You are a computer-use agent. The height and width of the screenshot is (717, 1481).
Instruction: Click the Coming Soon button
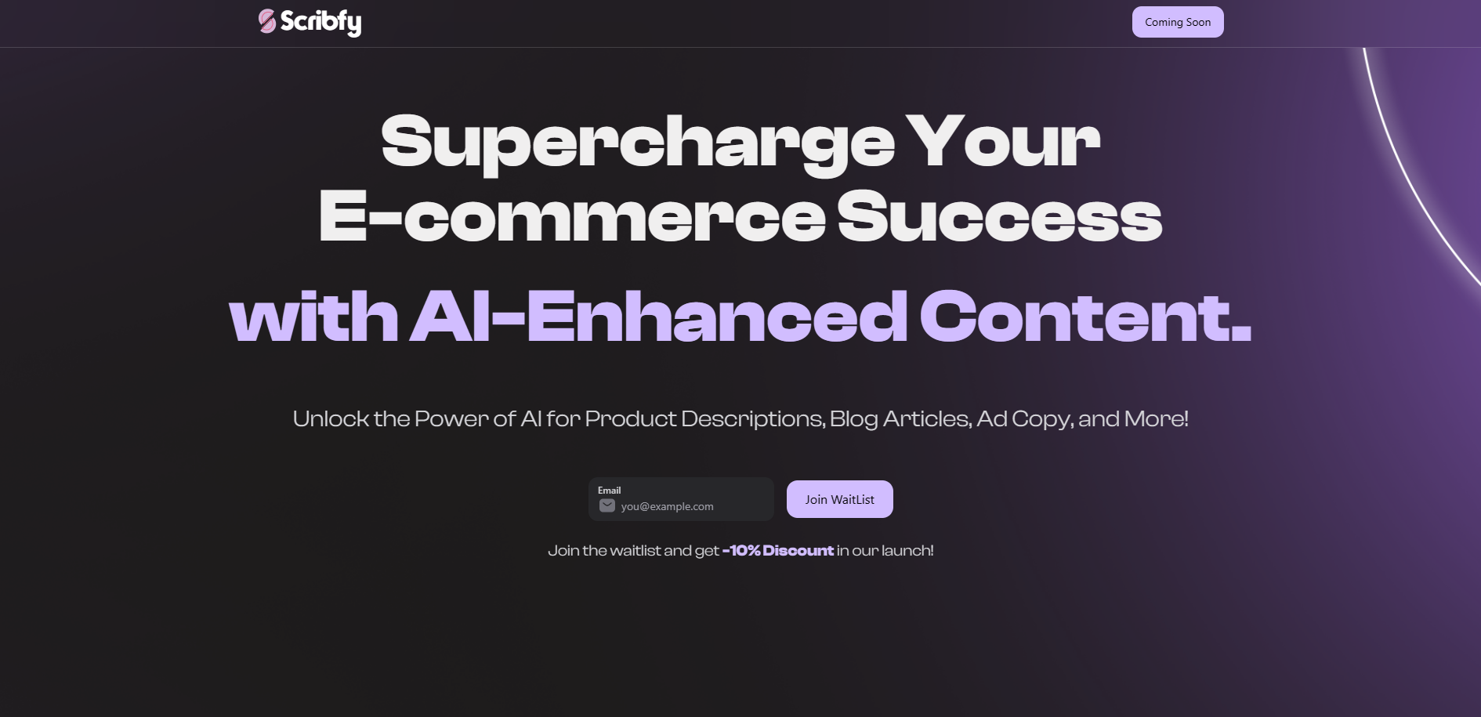[x=1178, y=22]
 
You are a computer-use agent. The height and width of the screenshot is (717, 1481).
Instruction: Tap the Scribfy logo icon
[x=267, y=21]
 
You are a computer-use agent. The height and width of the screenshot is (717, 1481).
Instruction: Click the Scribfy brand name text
[x=320, y=22]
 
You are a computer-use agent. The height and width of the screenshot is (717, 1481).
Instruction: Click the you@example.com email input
[x=680, y=499]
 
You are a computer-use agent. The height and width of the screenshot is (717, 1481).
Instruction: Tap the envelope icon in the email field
[x=607, y=505]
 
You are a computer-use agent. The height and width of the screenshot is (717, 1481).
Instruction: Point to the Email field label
[x=609, y=491]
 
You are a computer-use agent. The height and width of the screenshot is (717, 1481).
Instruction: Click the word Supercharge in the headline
[x=638, y=143]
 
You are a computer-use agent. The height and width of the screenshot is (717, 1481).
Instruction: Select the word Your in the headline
[x=1003, y=141]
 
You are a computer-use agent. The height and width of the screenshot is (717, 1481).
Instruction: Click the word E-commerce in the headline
[x=572, y=215]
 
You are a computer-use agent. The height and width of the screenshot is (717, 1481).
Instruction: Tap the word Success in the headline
[x=1000, y=215]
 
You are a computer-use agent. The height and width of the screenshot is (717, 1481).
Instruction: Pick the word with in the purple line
[x=313, y=317]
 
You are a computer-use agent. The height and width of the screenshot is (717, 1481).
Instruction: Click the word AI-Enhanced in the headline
[x=659, y=317]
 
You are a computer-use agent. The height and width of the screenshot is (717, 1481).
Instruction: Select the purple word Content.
[x=1086, y=317]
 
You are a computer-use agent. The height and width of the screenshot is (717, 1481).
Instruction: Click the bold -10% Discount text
[x=777, y=551]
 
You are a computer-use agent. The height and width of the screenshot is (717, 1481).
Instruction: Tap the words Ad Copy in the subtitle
[x=1026, y=419]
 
